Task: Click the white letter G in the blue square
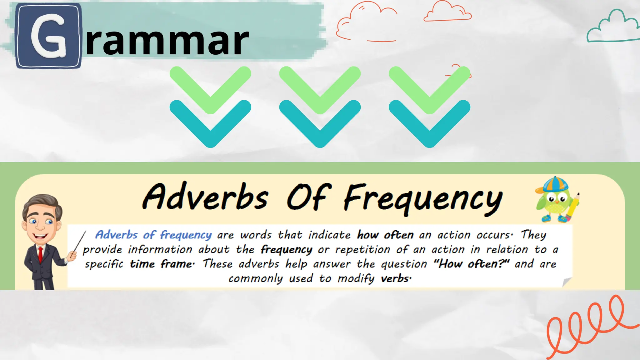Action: pyautogui.click(x=48, y=36)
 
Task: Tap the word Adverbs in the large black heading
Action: pyautogui.click(x=206, y=197)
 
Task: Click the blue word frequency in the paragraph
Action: pyautogui.click(x=186, y=235)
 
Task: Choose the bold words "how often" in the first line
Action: pyautogui.click(x=385, y=235)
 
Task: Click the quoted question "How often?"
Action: pyautogui.click(x=471, y=264)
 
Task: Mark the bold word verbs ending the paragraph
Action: pyautogui.click(x=395, y=278)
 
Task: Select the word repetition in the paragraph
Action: pyautogui.click(x=363, y=250)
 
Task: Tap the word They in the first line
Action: pyautogui.click(x=533, y=235)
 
